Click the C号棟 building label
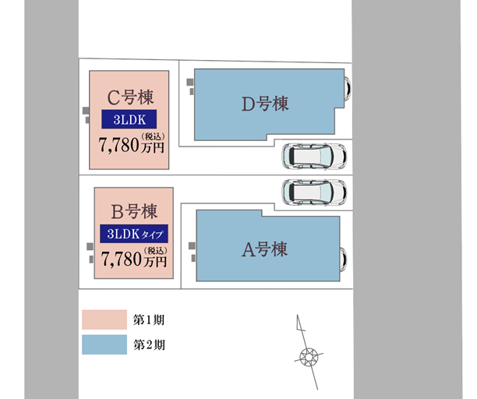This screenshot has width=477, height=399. point(130,98)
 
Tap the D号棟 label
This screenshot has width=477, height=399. point(265,104)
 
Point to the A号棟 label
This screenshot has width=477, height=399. point(264,249)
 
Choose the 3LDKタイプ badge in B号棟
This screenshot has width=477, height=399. point(134,234)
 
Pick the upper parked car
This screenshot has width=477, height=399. point(313,157)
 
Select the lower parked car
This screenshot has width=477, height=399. point(313,192)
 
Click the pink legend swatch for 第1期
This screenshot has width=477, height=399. point(104,319)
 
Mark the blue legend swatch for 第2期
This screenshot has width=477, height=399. point(104,344)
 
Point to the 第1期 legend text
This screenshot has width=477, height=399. point(149,320)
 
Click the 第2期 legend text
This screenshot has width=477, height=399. point(149,344)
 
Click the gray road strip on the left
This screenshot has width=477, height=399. point(51,199)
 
